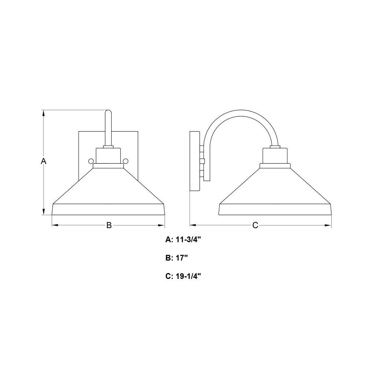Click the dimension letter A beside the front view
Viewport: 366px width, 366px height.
point(44,161)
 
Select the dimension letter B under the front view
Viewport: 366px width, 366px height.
point(109,225)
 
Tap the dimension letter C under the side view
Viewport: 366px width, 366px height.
point(255,225)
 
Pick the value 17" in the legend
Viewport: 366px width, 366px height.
point(182,258)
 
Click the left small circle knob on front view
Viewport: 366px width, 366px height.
point(91,161)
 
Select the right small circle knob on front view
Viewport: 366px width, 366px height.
point(126,161)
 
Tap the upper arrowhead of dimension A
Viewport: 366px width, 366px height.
point(44,113)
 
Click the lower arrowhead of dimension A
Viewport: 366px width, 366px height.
point(44,212)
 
